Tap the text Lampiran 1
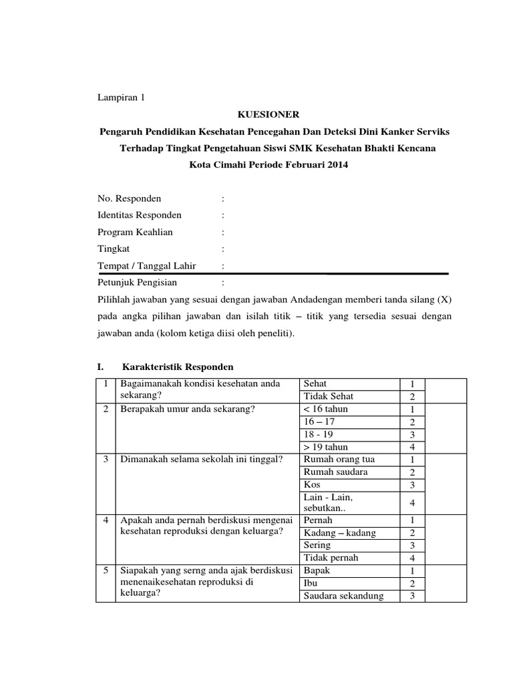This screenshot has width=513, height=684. [x=121, y=98]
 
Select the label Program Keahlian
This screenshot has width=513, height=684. [x=135, y=232]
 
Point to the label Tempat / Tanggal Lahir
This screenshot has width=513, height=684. [x=146, y=266]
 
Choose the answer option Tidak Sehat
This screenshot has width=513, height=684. [x=329, y=396]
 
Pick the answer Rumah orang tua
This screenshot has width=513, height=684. [x=339, y=460]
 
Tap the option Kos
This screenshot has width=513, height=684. [x=311, y=484]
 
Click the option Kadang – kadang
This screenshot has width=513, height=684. [x=339, y=532]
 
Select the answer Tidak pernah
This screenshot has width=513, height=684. [x=331, y=557]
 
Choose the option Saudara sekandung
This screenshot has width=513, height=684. [x=343, y=596]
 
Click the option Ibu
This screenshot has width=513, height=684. [x=310, y=583]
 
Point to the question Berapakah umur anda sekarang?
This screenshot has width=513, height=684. [x=188, y=409]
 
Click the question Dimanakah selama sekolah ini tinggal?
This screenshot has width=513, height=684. [x=200, y=460]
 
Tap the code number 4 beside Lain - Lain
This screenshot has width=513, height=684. [x=413, y=502]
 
